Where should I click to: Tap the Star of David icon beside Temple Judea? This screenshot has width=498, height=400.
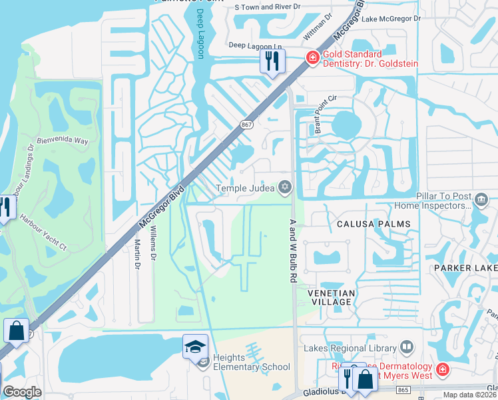(x=286, y=188)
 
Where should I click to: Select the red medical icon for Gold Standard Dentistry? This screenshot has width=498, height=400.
(x=312, y=59)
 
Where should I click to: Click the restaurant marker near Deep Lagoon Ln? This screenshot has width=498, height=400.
(x=272, y=62)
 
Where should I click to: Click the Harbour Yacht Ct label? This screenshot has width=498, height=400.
(x=43, y=232)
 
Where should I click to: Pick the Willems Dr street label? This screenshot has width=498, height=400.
(x=152, y=243)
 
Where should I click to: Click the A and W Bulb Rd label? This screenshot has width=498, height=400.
(x=292, y=251)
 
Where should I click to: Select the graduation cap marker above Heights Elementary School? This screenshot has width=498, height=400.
(x=196, y=347)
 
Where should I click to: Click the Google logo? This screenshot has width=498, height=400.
(x=22, y=392)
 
